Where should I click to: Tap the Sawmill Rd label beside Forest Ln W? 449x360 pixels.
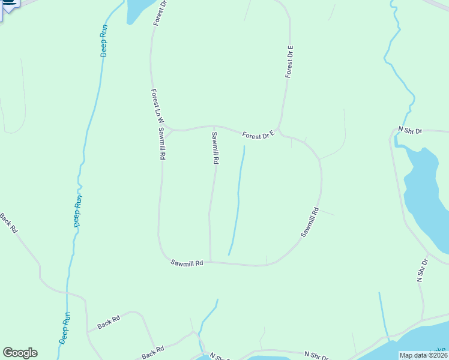point(162,143)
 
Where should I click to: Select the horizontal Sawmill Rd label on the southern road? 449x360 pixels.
point(187,263)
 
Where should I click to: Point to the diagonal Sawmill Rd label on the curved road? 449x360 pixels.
point(310,222)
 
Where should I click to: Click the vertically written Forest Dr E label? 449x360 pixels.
point(289,61)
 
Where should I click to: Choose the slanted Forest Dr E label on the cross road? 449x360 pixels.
point(258,135)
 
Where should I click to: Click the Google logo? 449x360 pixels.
point(20,353)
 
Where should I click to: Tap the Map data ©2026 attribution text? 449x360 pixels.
point(423,355)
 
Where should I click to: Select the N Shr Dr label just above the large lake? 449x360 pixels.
point(411,130)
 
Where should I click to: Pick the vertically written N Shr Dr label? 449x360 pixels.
point(422,271)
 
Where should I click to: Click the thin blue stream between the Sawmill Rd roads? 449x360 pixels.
point(238,198)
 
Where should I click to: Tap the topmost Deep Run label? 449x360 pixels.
point(104,40)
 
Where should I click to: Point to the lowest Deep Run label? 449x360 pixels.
point(65,328)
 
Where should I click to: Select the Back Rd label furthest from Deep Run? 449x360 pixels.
point(9,223)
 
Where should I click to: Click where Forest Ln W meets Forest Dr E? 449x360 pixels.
point(170,130)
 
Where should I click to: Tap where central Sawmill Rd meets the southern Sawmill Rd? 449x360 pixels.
point(210,261)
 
